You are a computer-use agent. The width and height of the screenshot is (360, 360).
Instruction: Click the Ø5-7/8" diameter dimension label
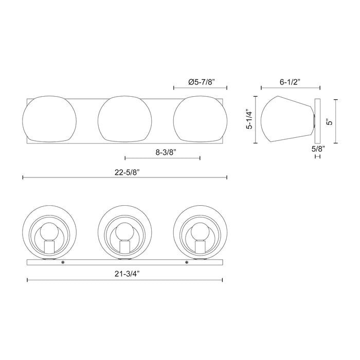click(x=201, y=81)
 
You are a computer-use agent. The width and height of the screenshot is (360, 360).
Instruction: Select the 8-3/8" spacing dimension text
click(x=163, y=152)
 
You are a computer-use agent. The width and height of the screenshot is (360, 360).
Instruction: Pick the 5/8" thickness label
click(x=318, y=149)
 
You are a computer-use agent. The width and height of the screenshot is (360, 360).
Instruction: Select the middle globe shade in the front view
click(x=124, y=118)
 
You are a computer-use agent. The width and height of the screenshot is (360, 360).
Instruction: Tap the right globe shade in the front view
click(x=200, y=118)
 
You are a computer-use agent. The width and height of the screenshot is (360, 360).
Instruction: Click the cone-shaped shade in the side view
click(x=285, y=119)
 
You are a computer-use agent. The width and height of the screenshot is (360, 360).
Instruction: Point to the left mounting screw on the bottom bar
click(x=63, y=263)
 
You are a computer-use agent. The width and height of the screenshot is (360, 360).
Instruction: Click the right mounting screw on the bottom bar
click(x=187, y=263)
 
